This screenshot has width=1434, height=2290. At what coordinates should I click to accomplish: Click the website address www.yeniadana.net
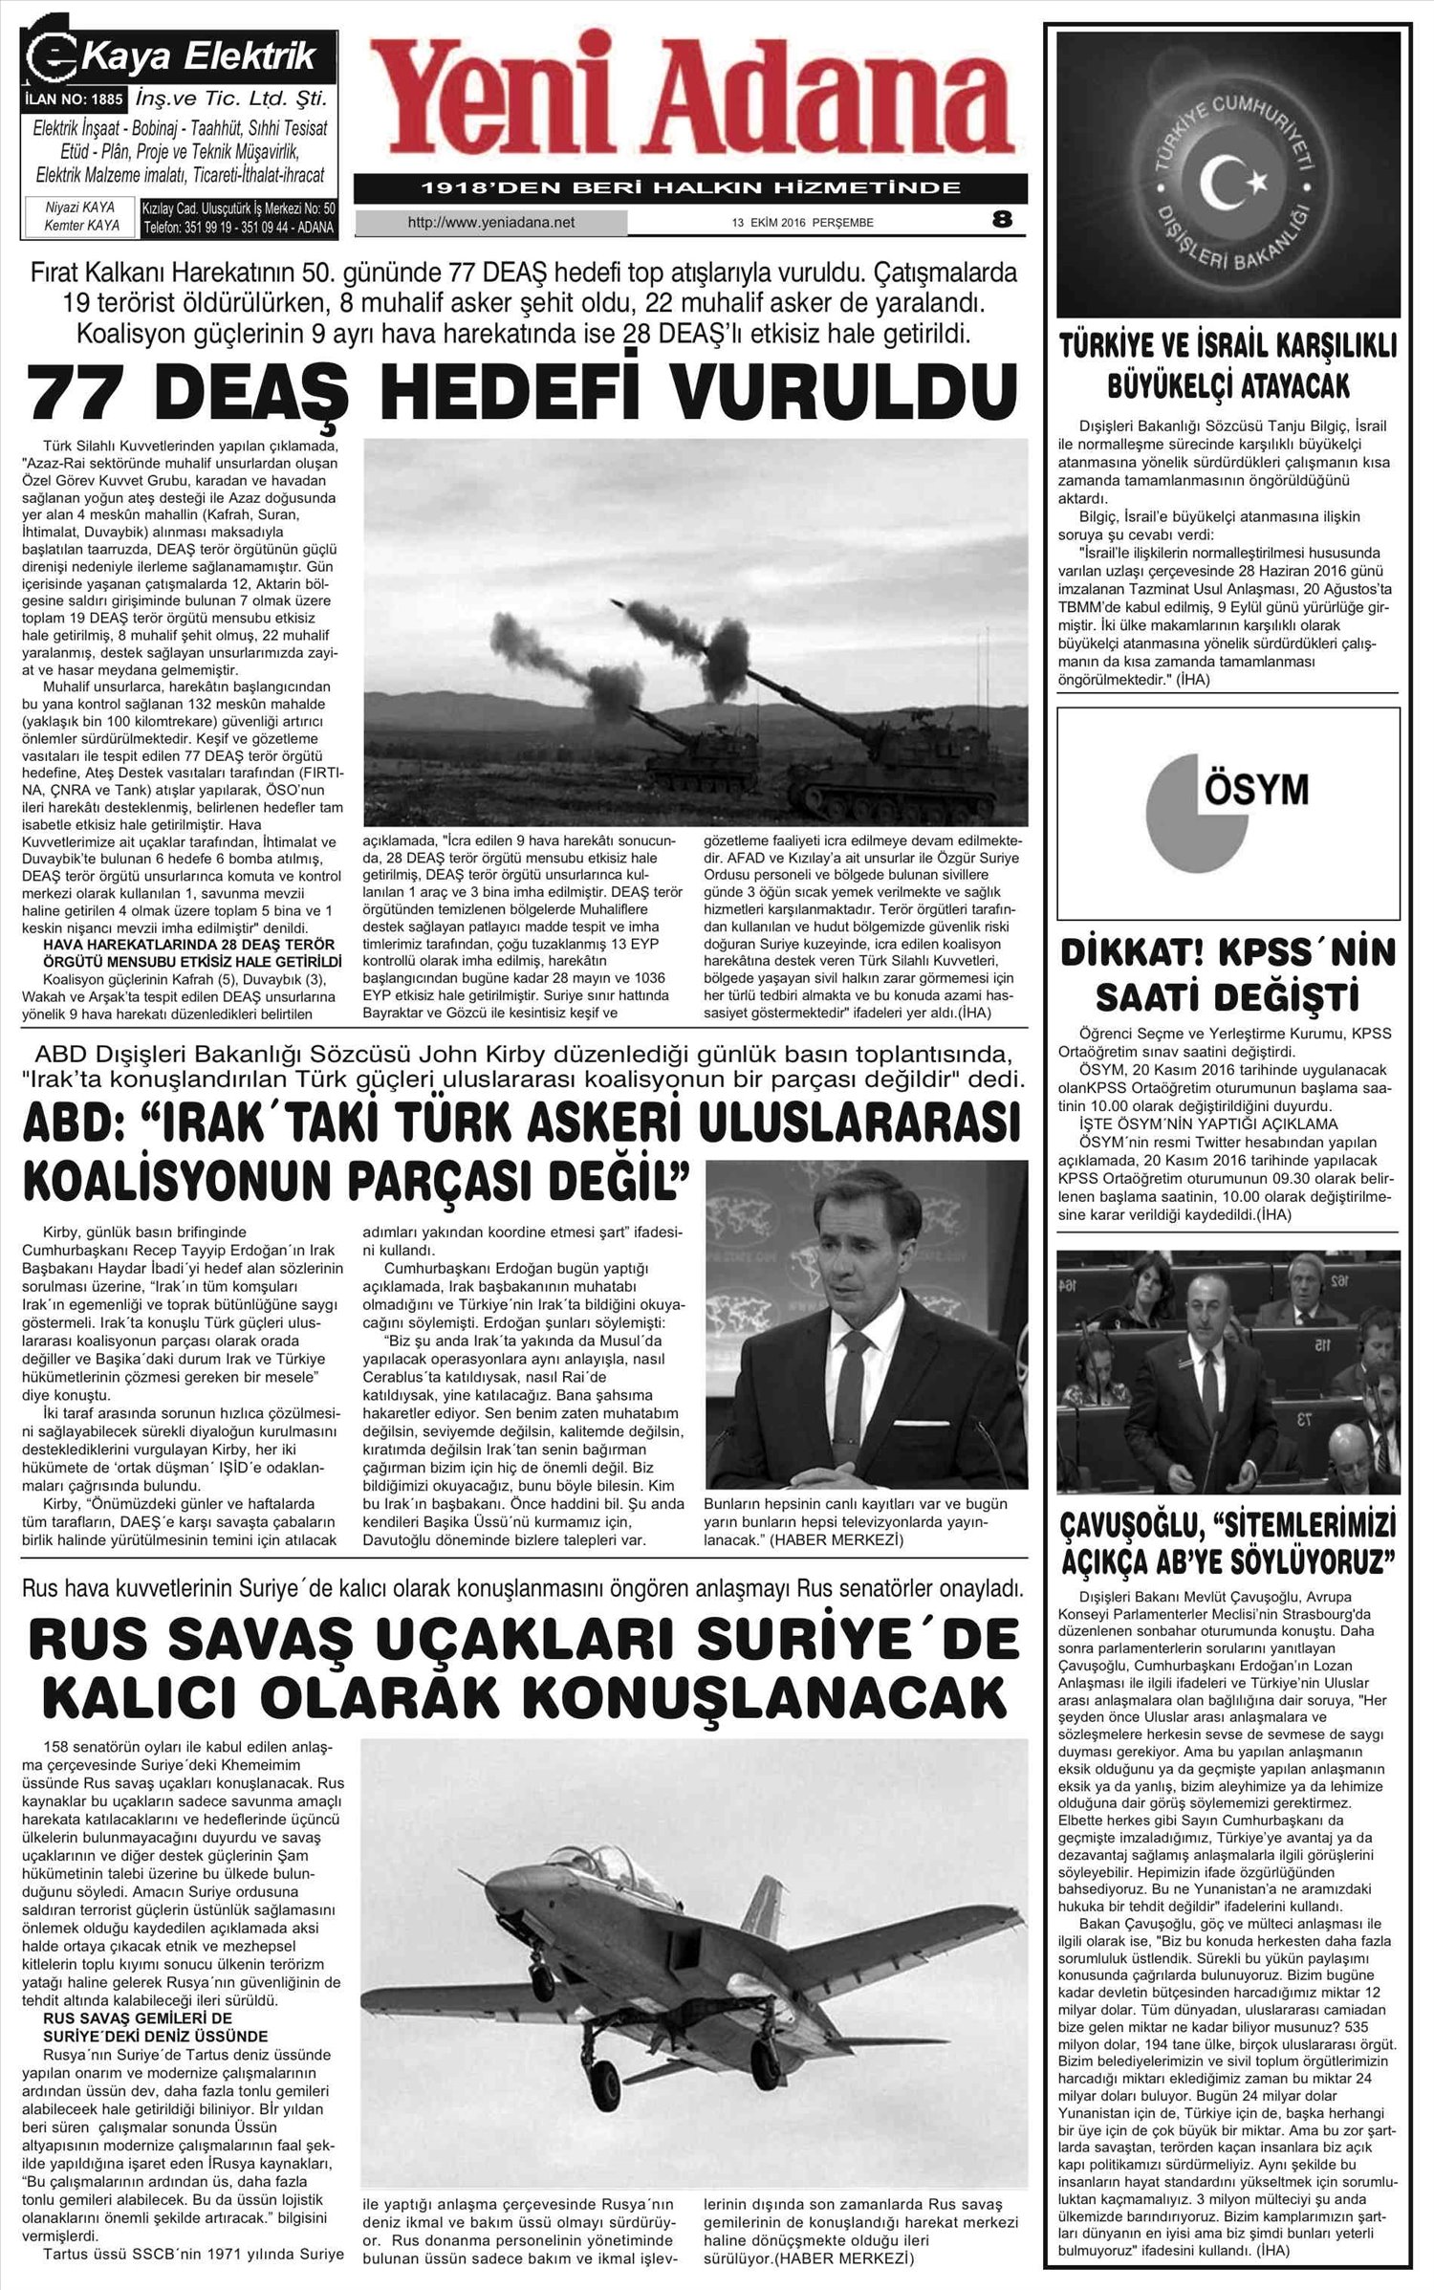pos(490,223)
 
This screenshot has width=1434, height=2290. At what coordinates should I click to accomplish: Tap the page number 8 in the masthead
pos(1002,220)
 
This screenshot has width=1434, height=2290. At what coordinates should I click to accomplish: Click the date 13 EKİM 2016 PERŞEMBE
pos(802,224)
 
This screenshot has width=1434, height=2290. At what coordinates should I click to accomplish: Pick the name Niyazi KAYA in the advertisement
pos(80,207)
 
